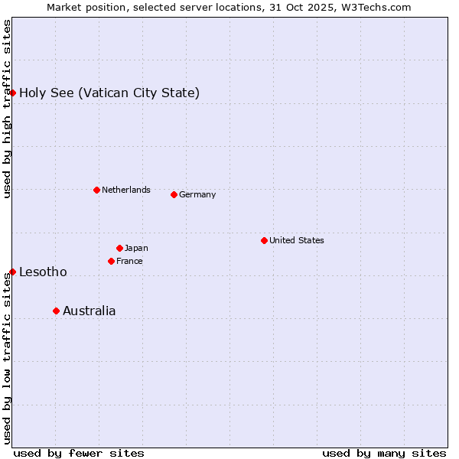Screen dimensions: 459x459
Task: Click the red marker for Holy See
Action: (12, 93)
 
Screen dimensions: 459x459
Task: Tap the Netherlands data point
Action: (96, 190)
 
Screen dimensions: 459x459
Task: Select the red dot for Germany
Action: (174, 194)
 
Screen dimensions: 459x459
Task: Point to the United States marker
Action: (264, 240)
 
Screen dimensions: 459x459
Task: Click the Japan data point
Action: (119, 248)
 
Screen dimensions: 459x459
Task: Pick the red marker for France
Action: (111, 261)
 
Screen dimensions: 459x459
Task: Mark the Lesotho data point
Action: (12, 272)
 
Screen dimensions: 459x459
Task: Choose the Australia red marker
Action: (56, 311)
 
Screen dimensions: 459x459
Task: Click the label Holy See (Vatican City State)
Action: (109, 93)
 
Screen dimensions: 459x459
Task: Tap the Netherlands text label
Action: (125, 190)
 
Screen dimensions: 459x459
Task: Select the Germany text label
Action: (197, 194)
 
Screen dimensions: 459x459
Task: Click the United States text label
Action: (296, 240)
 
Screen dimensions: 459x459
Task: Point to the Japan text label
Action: (136, 248)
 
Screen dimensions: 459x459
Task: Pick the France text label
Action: (129, 261)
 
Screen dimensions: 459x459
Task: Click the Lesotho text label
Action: (43, 272)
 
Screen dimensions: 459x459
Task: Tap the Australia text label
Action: (90, 311)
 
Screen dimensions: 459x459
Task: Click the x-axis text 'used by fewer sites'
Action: (79, 453)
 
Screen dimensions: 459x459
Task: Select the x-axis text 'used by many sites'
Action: (384, 453)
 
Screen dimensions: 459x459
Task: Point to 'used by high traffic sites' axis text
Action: (7, 109)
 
